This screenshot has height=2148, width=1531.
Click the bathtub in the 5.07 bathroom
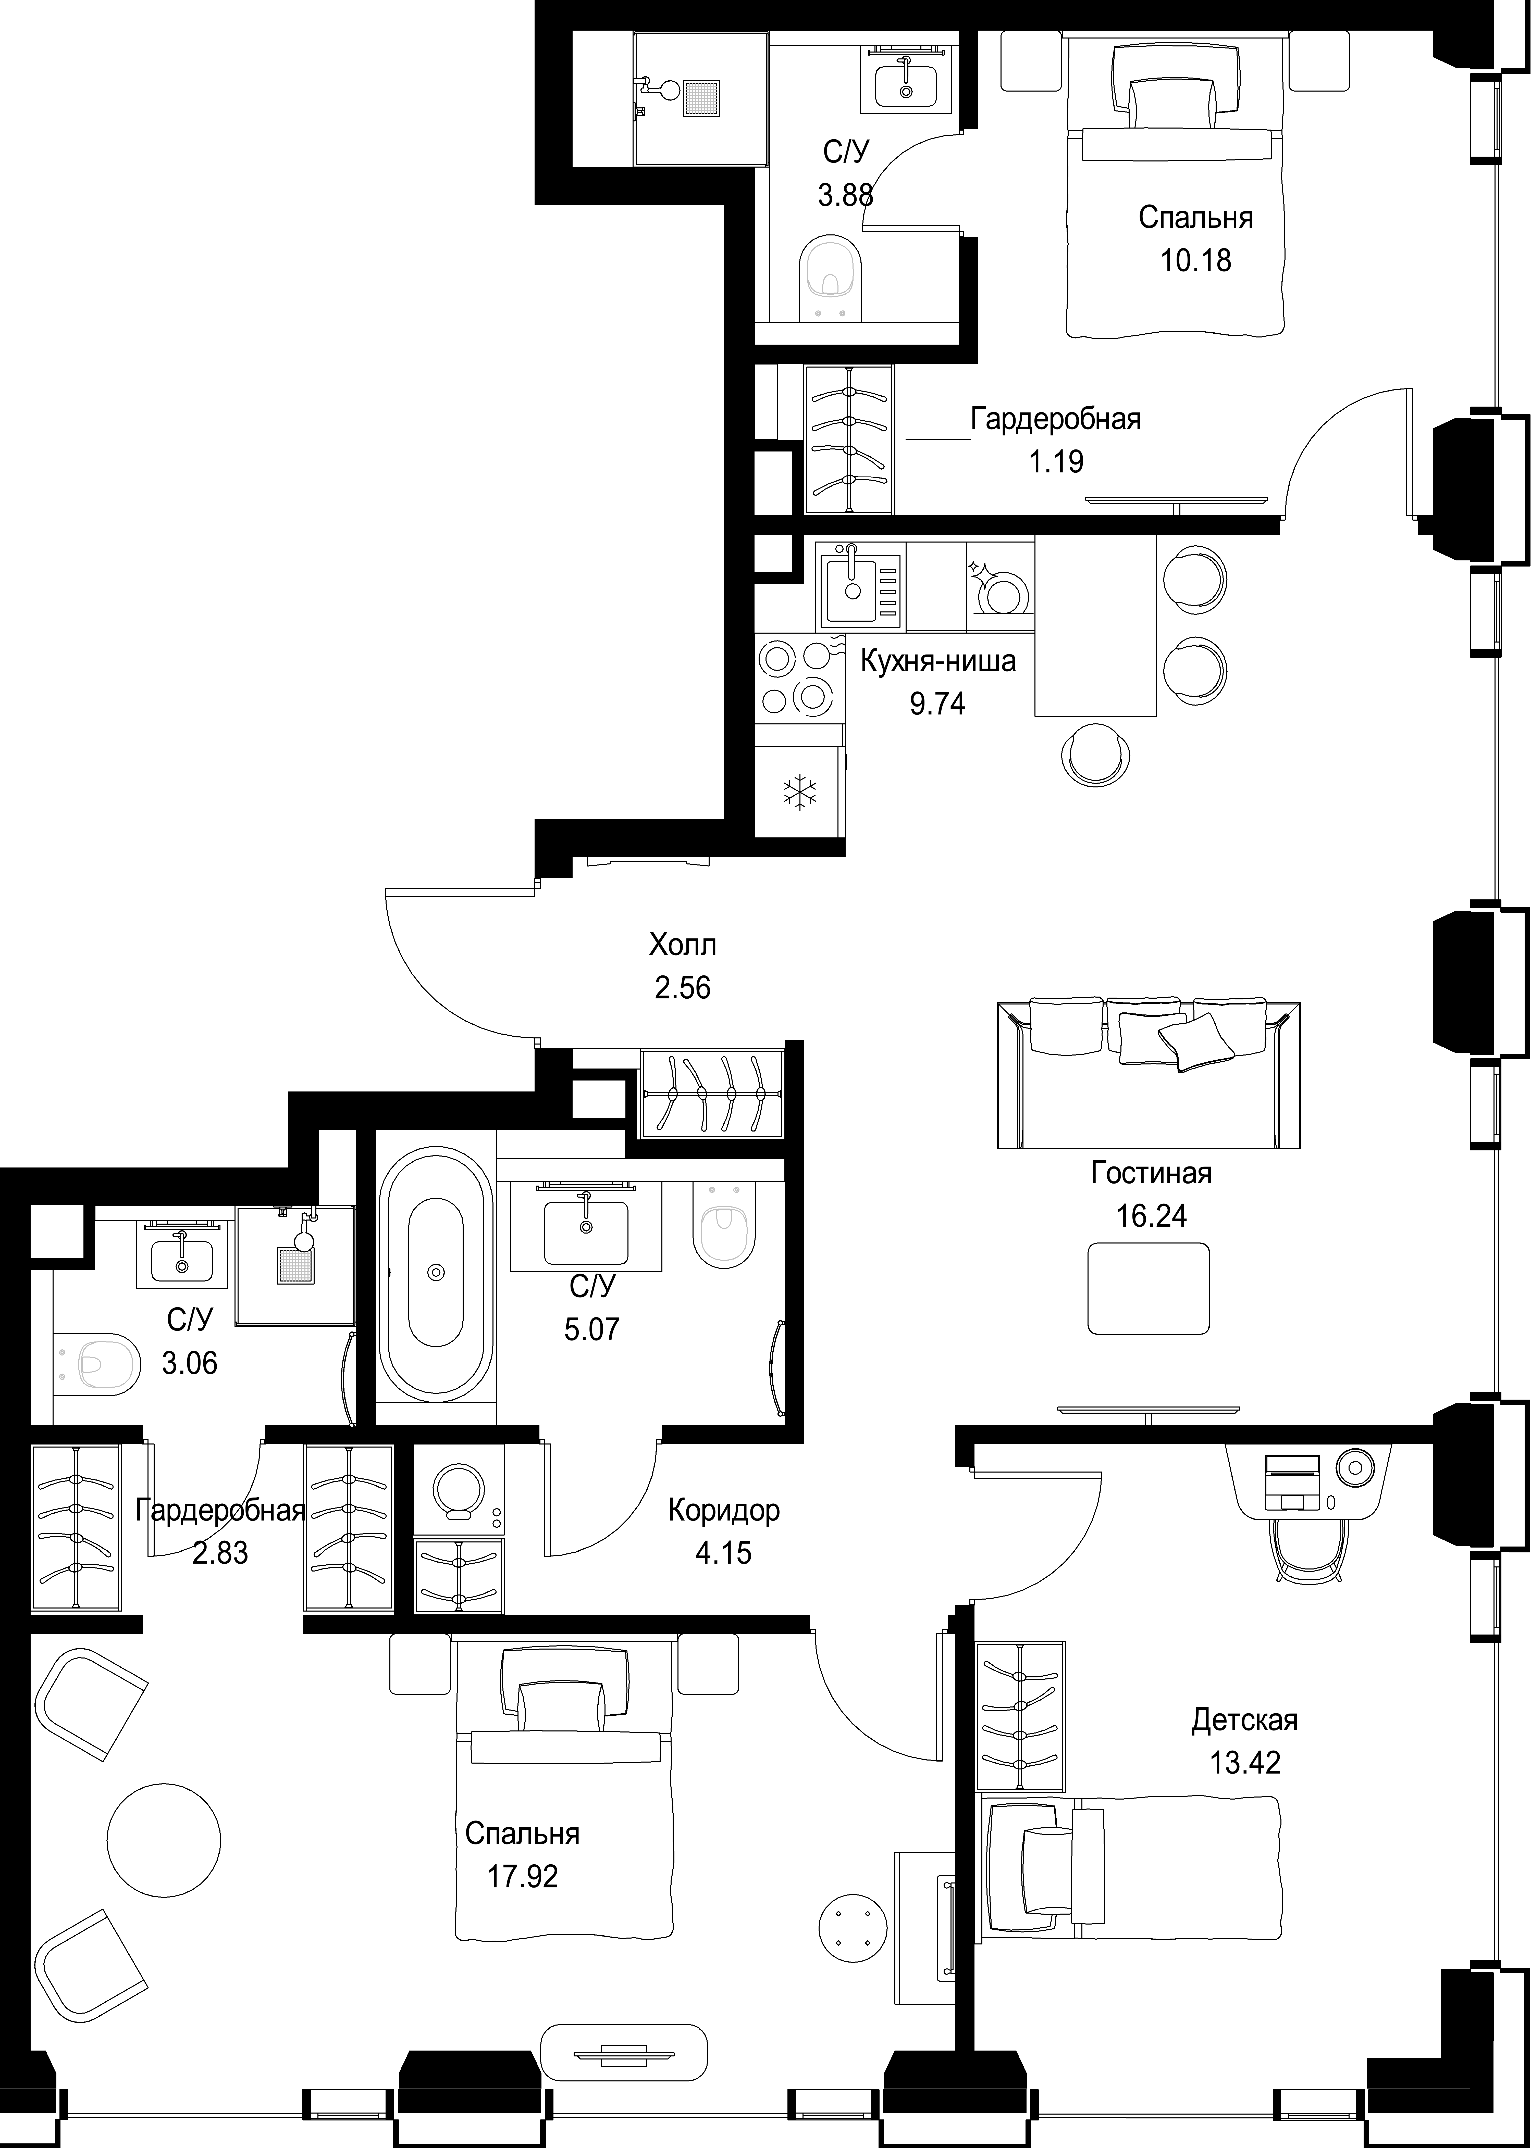point(435,1272)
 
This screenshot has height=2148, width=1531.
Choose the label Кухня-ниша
point(938,662)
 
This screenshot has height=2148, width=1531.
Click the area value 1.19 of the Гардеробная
point(1056,462)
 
